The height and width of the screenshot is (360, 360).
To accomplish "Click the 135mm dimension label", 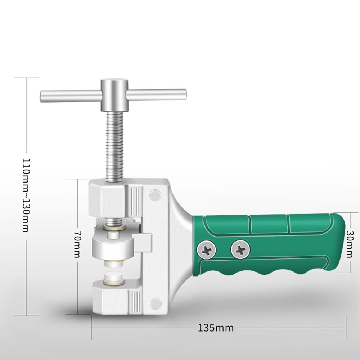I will pyautogui.click(x=216, y=328).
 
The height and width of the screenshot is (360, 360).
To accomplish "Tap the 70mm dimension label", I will pyautogui.click(x=77, y=245).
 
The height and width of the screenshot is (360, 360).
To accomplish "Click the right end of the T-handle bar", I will pyautogui.click(x=182, y=94).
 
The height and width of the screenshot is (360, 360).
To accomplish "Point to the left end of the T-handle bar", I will pyautogui.click(x=45, y=96).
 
